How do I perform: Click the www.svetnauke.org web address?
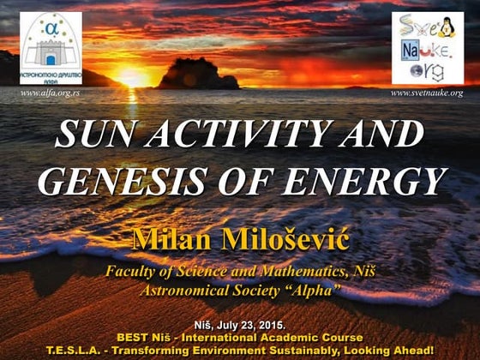(426, 93)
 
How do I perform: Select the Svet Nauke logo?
(427, 48)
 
